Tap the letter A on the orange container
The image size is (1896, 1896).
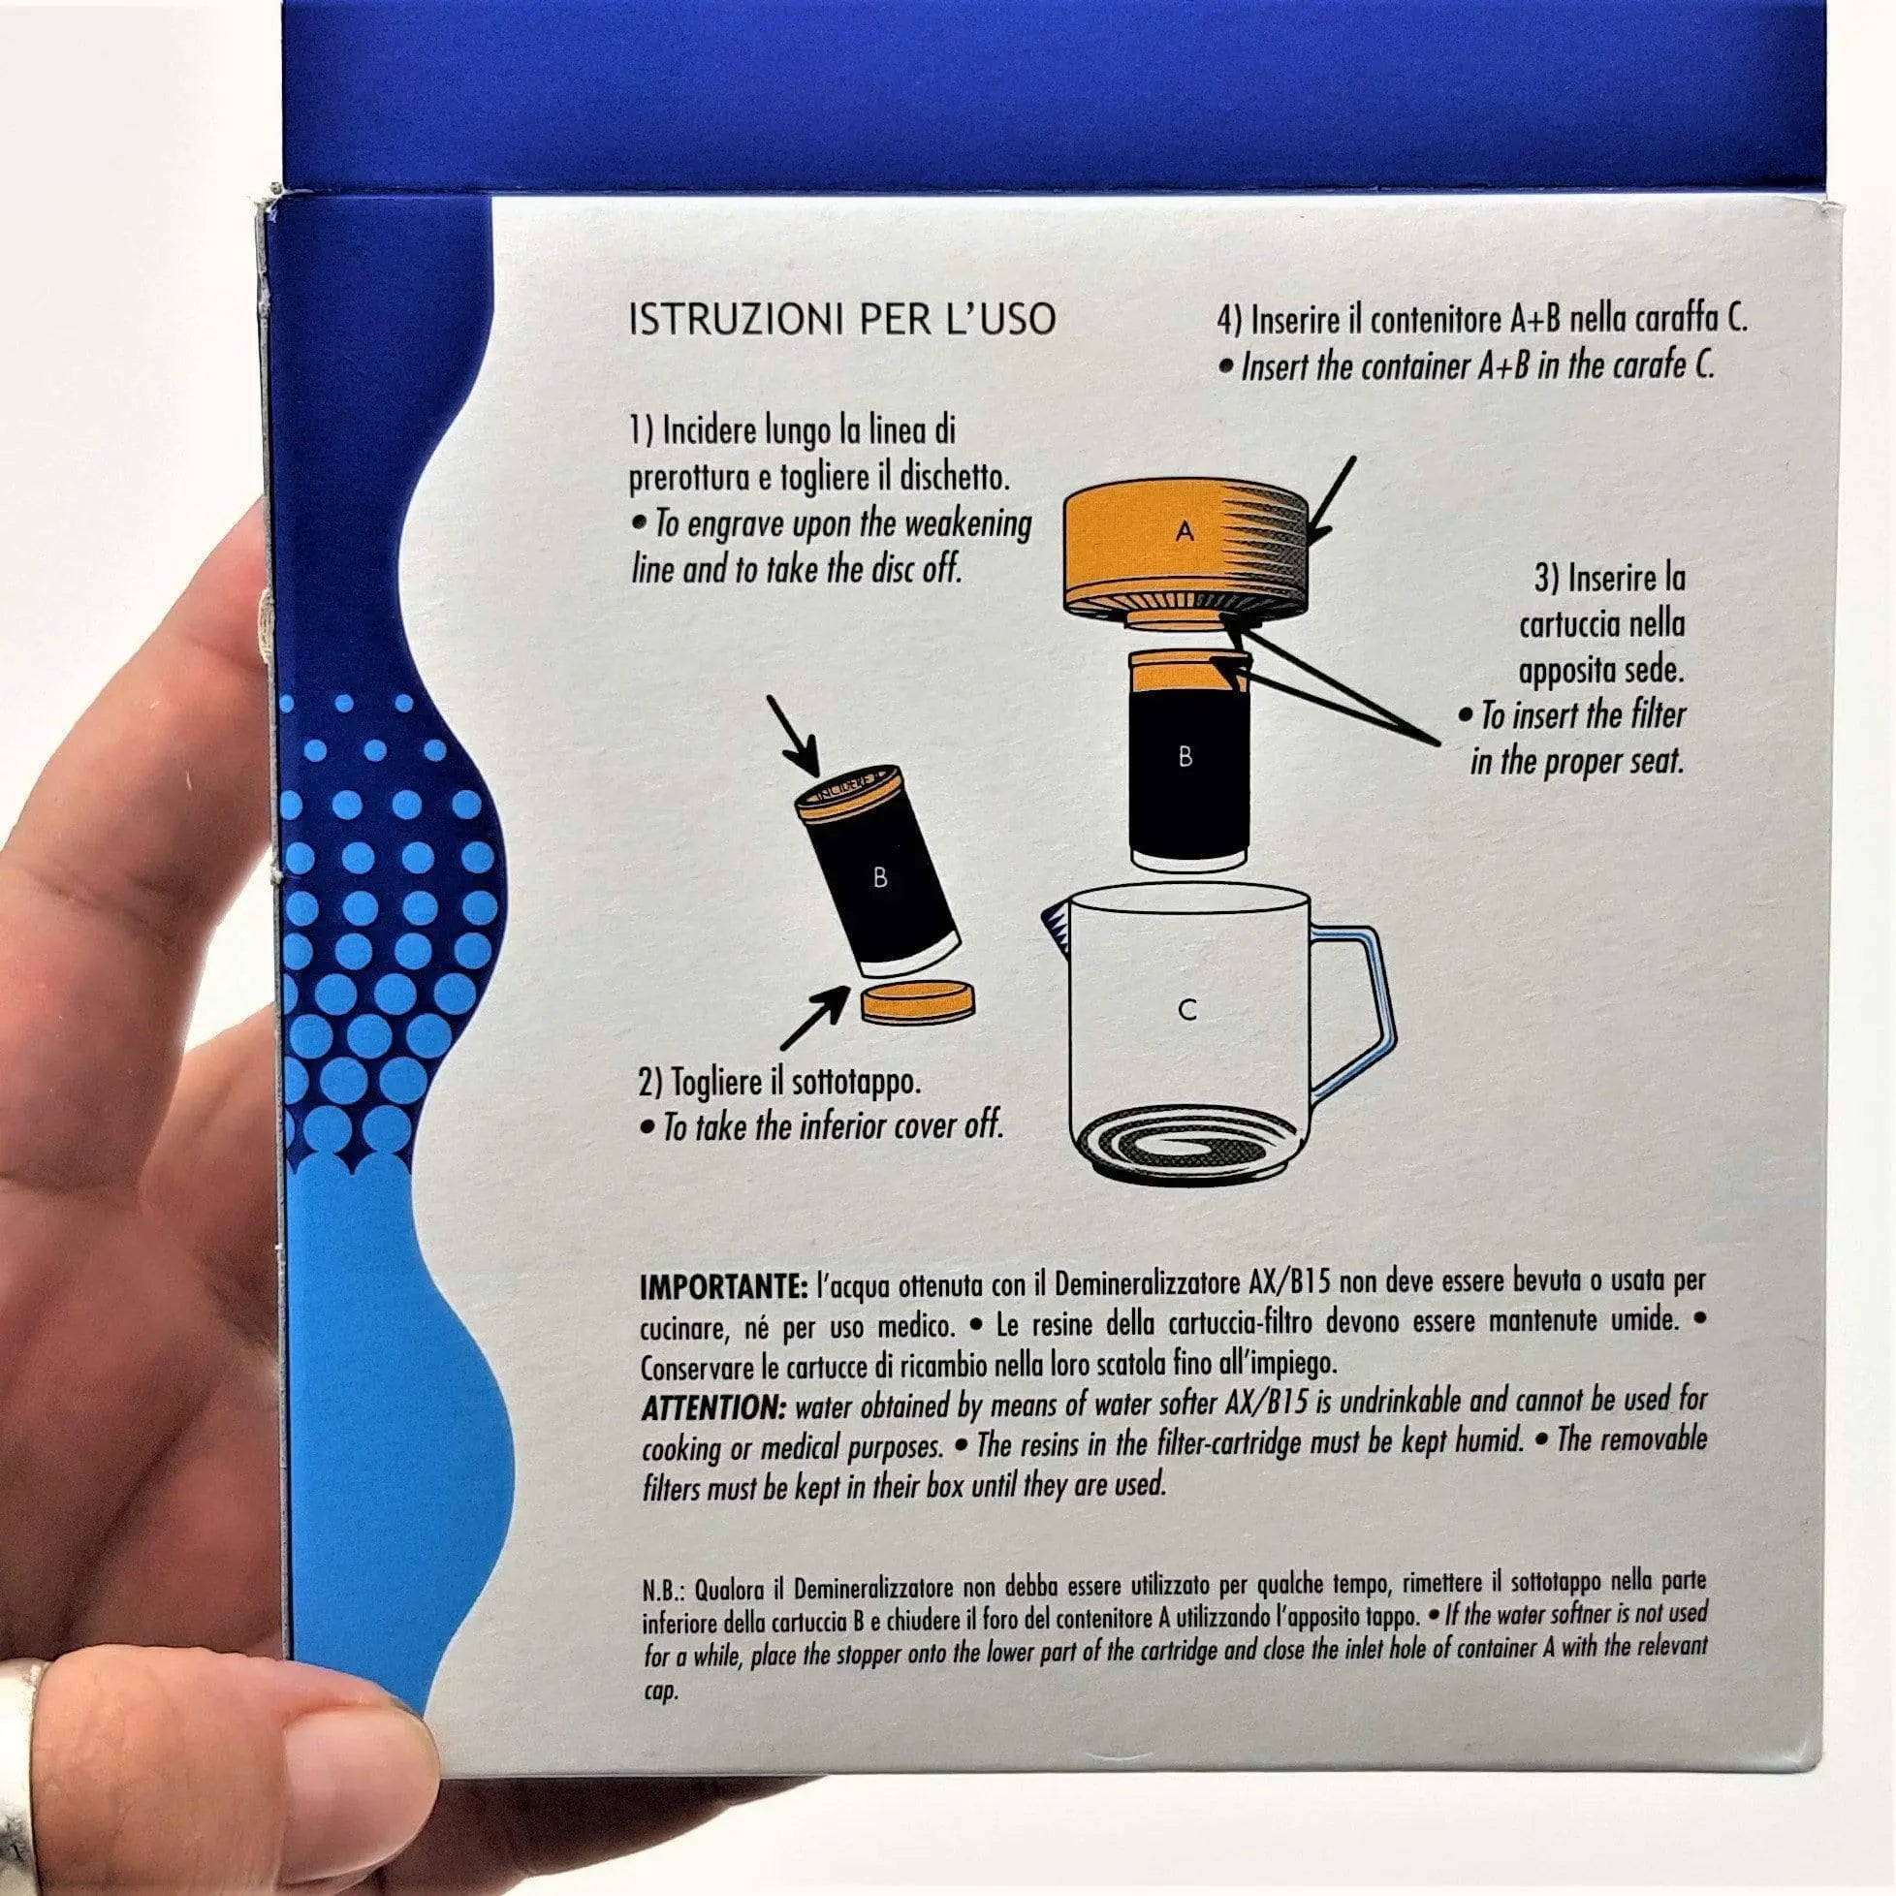click(x=1185, y=531)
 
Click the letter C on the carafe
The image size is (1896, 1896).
click(x=1186, y=1011)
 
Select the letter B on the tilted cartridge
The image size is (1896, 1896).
click(x=879, y=877)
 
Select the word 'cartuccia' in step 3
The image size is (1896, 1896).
click(x=1601, y=625)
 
